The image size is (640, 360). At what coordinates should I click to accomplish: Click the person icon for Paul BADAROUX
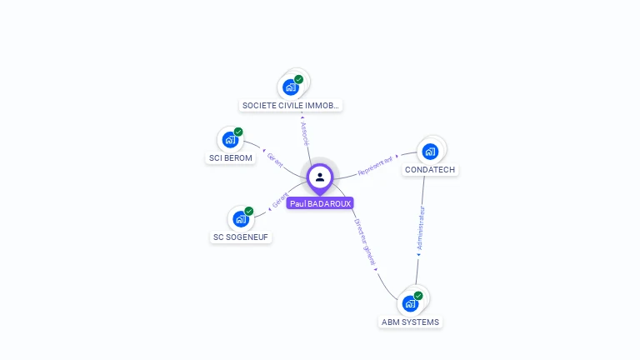point(320,177)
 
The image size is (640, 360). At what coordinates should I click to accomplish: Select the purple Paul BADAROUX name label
point(320,203)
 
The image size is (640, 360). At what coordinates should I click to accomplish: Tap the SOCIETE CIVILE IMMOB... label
point(291,106)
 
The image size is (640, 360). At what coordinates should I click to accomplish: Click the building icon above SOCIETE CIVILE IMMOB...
point(290,87)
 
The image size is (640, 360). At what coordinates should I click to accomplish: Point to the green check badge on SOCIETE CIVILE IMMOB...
point(299,79)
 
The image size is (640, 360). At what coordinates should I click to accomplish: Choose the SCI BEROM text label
point(230,158)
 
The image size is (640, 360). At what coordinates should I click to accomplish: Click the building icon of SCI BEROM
point(229,139)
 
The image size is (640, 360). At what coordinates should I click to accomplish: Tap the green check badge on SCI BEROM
point(238,132)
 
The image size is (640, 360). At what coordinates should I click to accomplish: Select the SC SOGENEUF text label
point(242,237)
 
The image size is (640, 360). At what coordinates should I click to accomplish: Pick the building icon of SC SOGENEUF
point(240,218)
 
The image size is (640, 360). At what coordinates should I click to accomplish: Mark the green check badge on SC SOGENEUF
point(249,211)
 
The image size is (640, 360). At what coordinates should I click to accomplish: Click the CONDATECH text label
point(431,170)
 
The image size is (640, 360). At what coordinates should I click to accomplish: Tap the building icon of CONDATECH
point(430,151)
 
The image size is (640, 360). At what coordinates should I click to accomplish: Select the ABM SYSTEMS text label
point(410,322)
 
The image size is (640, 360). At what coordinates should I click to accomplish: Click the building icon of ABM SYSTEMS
point(409,302)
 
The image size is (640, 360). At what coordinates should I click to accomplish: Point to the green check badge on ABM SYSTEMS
point(418,295)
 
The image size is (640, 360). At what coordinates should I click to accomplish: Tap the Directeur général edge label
point(363,242)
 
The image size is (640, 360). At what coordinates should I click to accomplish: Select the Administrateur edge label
point(421,229)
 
